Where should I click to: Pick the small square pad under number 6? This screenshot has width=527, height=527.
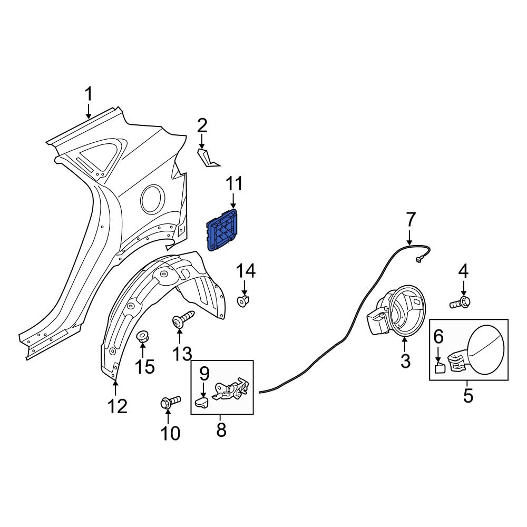click(x=438, y=367)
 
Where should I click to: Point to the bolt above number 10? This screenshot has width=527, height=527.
click(x=169, y=402)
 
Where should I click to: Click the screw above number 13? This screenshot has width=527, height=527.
click(x=182, y=320)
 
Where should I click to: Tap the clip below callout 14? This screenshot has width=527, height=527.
click(x=243, y=302)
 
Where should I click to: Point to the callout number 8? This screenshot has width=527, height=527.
click(x=221, y=430)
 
